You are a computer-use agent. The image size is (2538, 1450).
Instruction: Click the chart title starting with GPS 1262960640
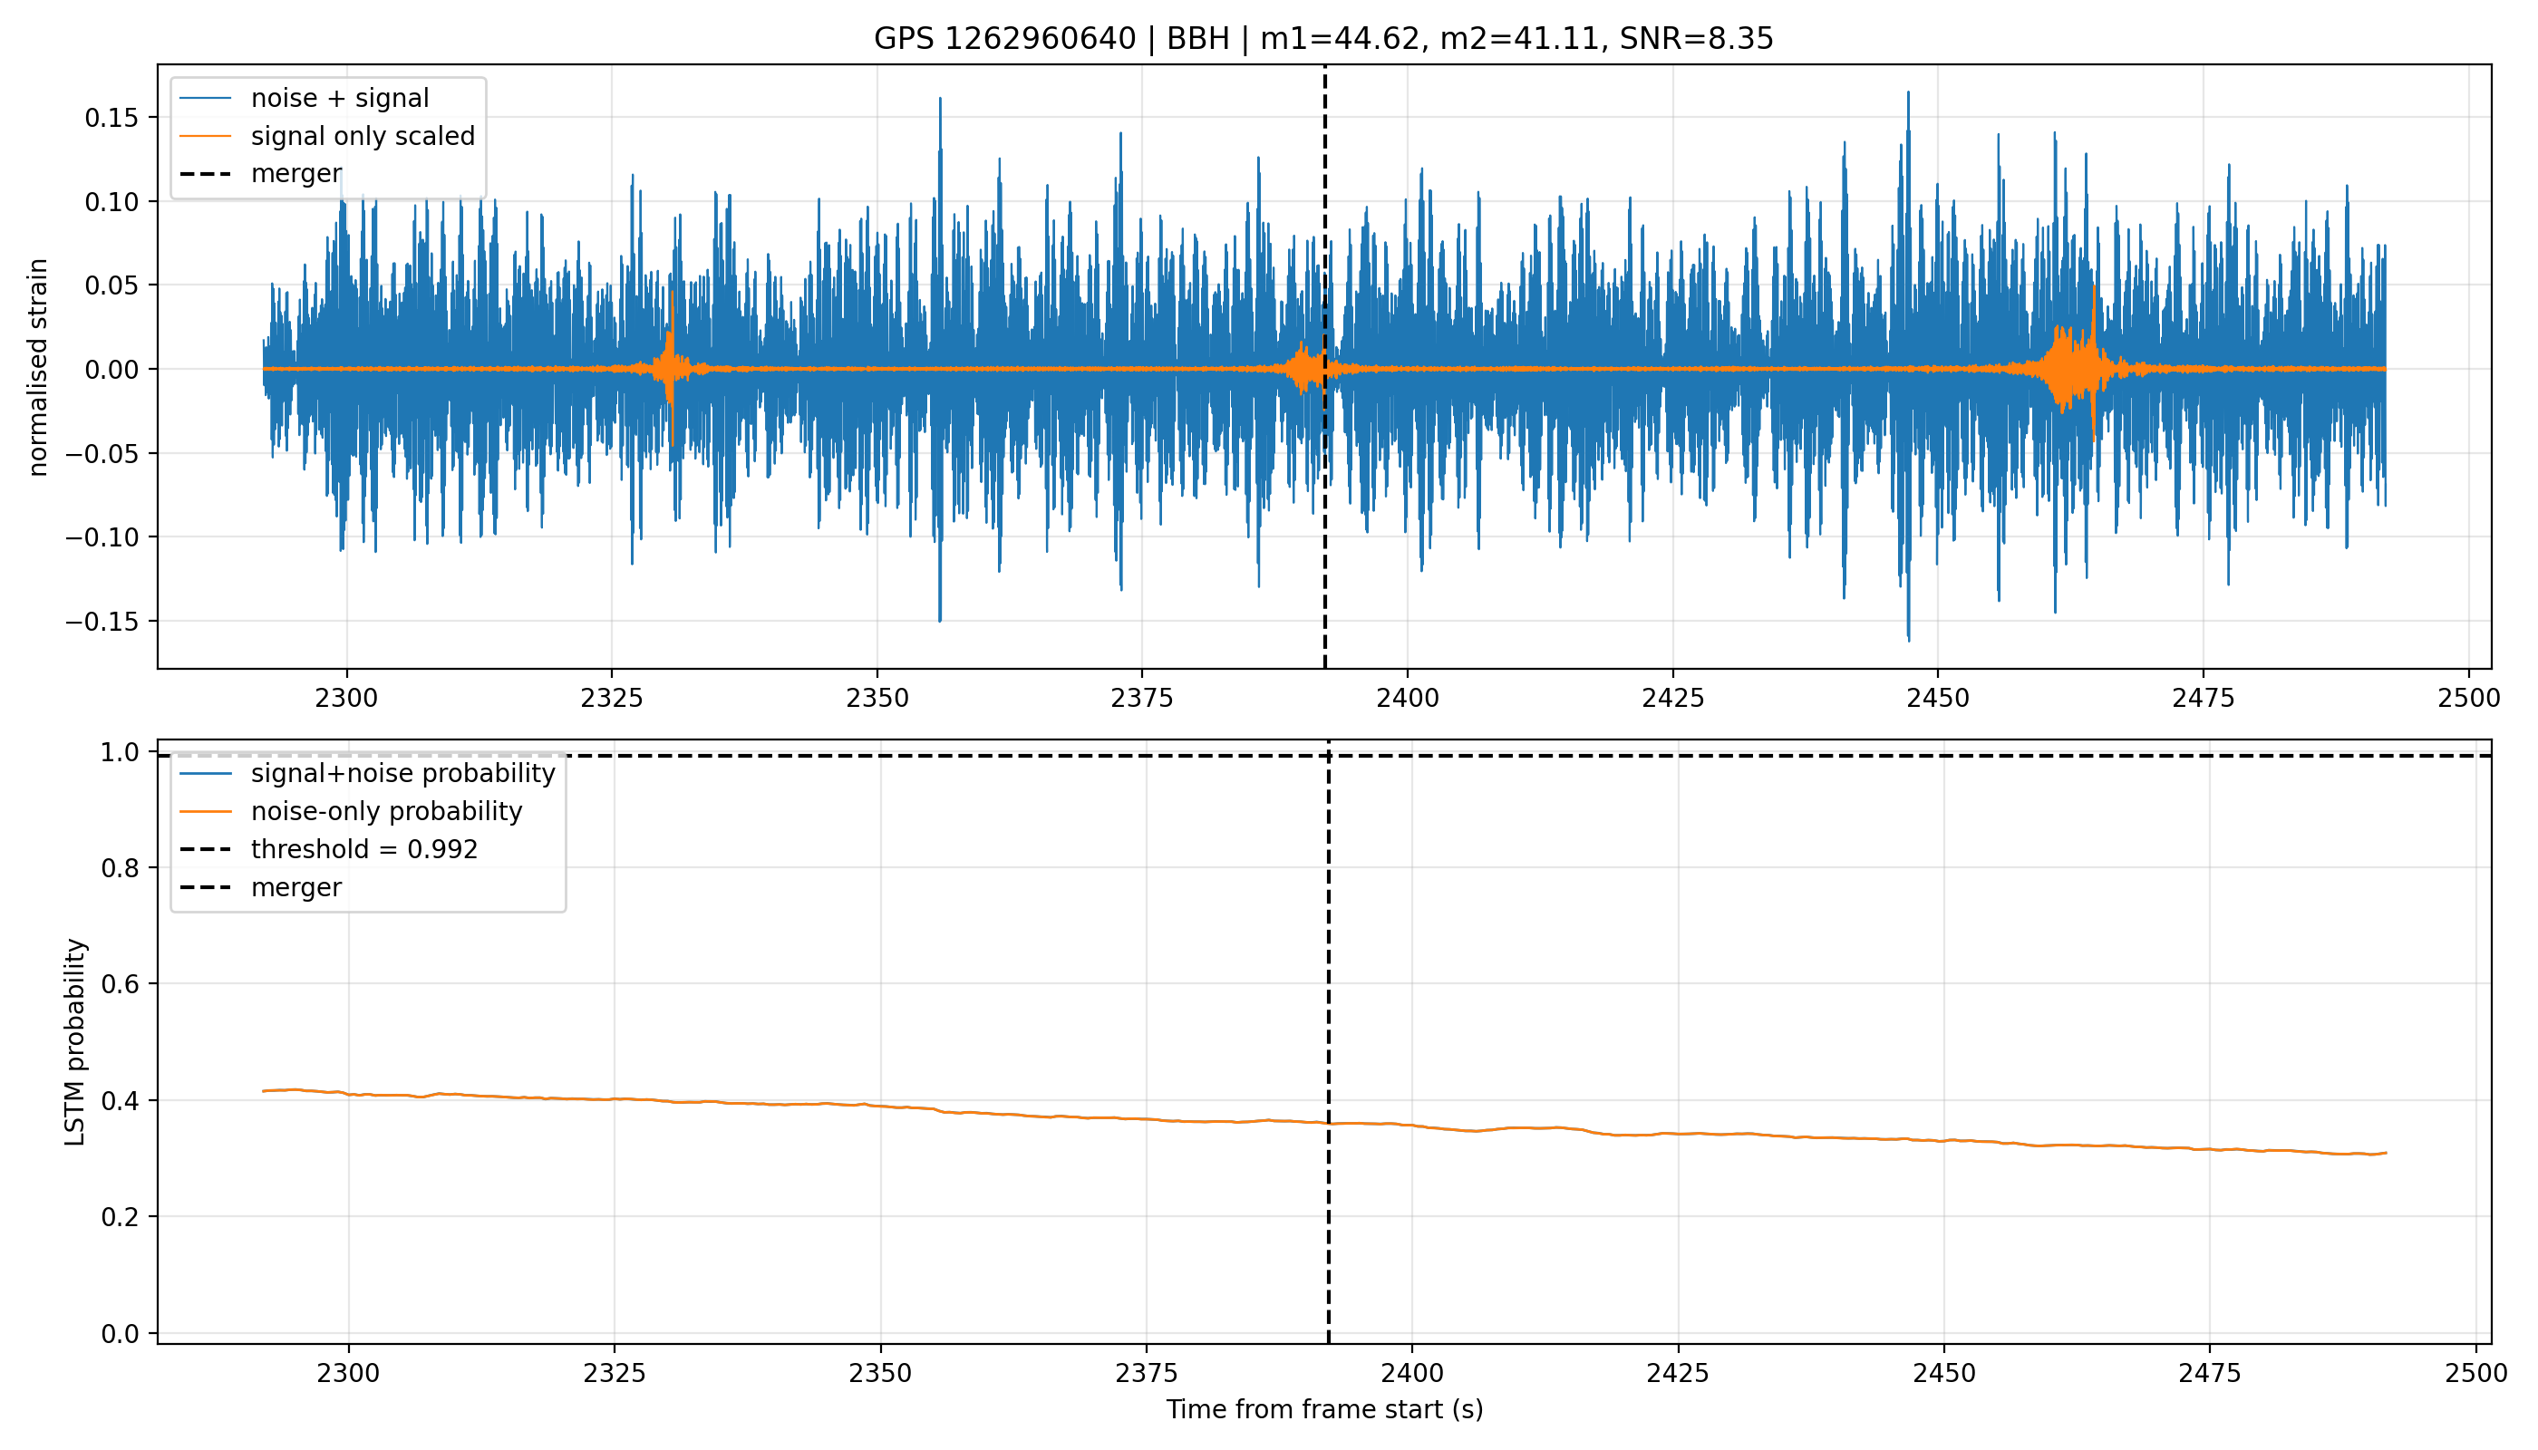[1322, 39]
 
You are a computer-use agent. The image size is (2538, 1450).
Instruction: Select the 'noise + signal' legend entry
[304, 99]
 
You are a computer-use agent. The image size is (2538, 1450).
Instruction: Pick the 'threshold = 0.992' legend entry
[329, 849]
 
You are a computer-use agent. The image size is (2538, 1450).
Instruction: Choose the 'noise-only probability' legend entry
[351, 812]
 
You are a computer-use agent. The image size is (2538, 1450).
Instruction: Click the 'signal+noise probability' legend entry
[367, 774]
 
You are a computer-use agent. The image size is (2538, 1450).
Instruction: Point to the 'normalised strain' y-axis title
[38, 367]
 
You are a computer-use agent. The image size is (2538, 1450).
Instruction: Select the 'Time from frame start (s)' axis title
[1325, 1409]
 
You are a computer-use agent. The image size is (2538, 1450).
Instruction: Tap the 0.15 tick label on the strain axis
[113, 118]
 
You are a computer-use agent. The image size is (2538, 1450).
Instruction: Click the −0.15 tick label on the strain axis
[104, 622]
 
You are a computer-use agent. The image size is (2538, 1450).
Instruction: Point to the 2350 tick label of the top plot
[877, 698]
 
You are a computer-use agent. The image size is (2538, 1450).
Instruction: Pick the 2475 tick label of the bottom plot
[2209, 1373]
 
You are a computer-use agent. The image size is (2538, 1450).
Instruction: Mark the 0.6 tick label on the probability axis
[121, 984]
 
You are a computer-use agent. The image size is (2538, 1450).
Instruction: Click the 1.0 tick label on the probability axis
[121, 752]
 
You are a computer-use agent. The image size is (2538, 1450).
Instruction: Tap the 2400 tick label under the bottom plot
[1411, 1373]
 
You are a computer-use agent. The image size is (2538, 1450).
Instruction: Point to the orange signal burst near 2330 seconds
[672, 369]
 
